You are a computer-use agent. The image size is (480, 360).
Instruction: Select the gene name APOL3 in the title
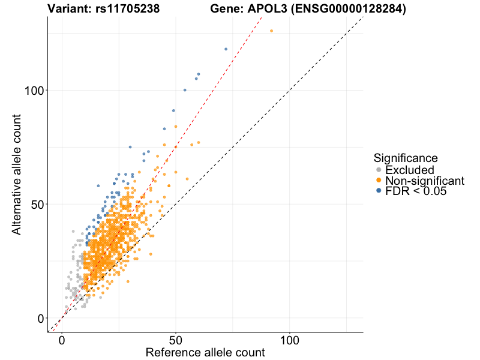pyautogui.click(x=266, y=10)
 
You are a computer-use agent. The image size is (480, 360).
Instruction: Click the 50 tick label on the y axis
pyautogui.click(x=35, y=204)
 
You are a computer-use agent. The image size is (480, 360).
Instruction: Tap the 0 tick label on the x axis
pyautogui.click(x=62, y=340)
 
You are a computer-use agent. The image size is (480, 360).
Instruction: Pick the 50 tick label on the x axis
pyautogui.click(x=176, y=340)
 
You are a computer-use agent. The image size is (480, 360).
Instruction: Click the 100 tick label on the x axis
pyautogui.click(x=290, y=340)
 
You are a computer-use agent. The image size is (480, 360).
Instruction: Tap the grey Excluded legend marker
pyautogui.click(x=379, y=170)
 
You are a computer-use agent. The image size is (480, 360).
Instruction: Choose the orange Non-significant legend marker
pyautogui.click(x=379, y=181)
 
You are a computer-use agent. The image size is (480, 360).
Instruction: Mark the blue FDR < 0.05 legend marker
pyautogui.click(x=379, y=191)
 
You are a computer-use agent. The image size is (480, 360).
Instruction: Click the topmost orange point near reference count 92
pyautogui.click(x=271, y=31)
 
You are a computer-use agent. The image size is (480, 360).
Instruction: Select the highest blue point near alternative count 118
pyautogui.click(x=226, y=49)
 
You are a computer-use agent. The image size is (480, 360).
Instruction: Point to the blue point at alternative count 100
pyautogui.click(x=185, y=90)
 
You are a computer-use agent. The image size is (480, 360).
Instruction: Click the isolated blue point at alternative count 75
pyautogui.click(x=130, y=147)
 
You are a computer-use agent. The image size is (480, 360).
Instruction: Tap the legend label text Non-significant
pyautogui.click(x=425, y=181)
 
